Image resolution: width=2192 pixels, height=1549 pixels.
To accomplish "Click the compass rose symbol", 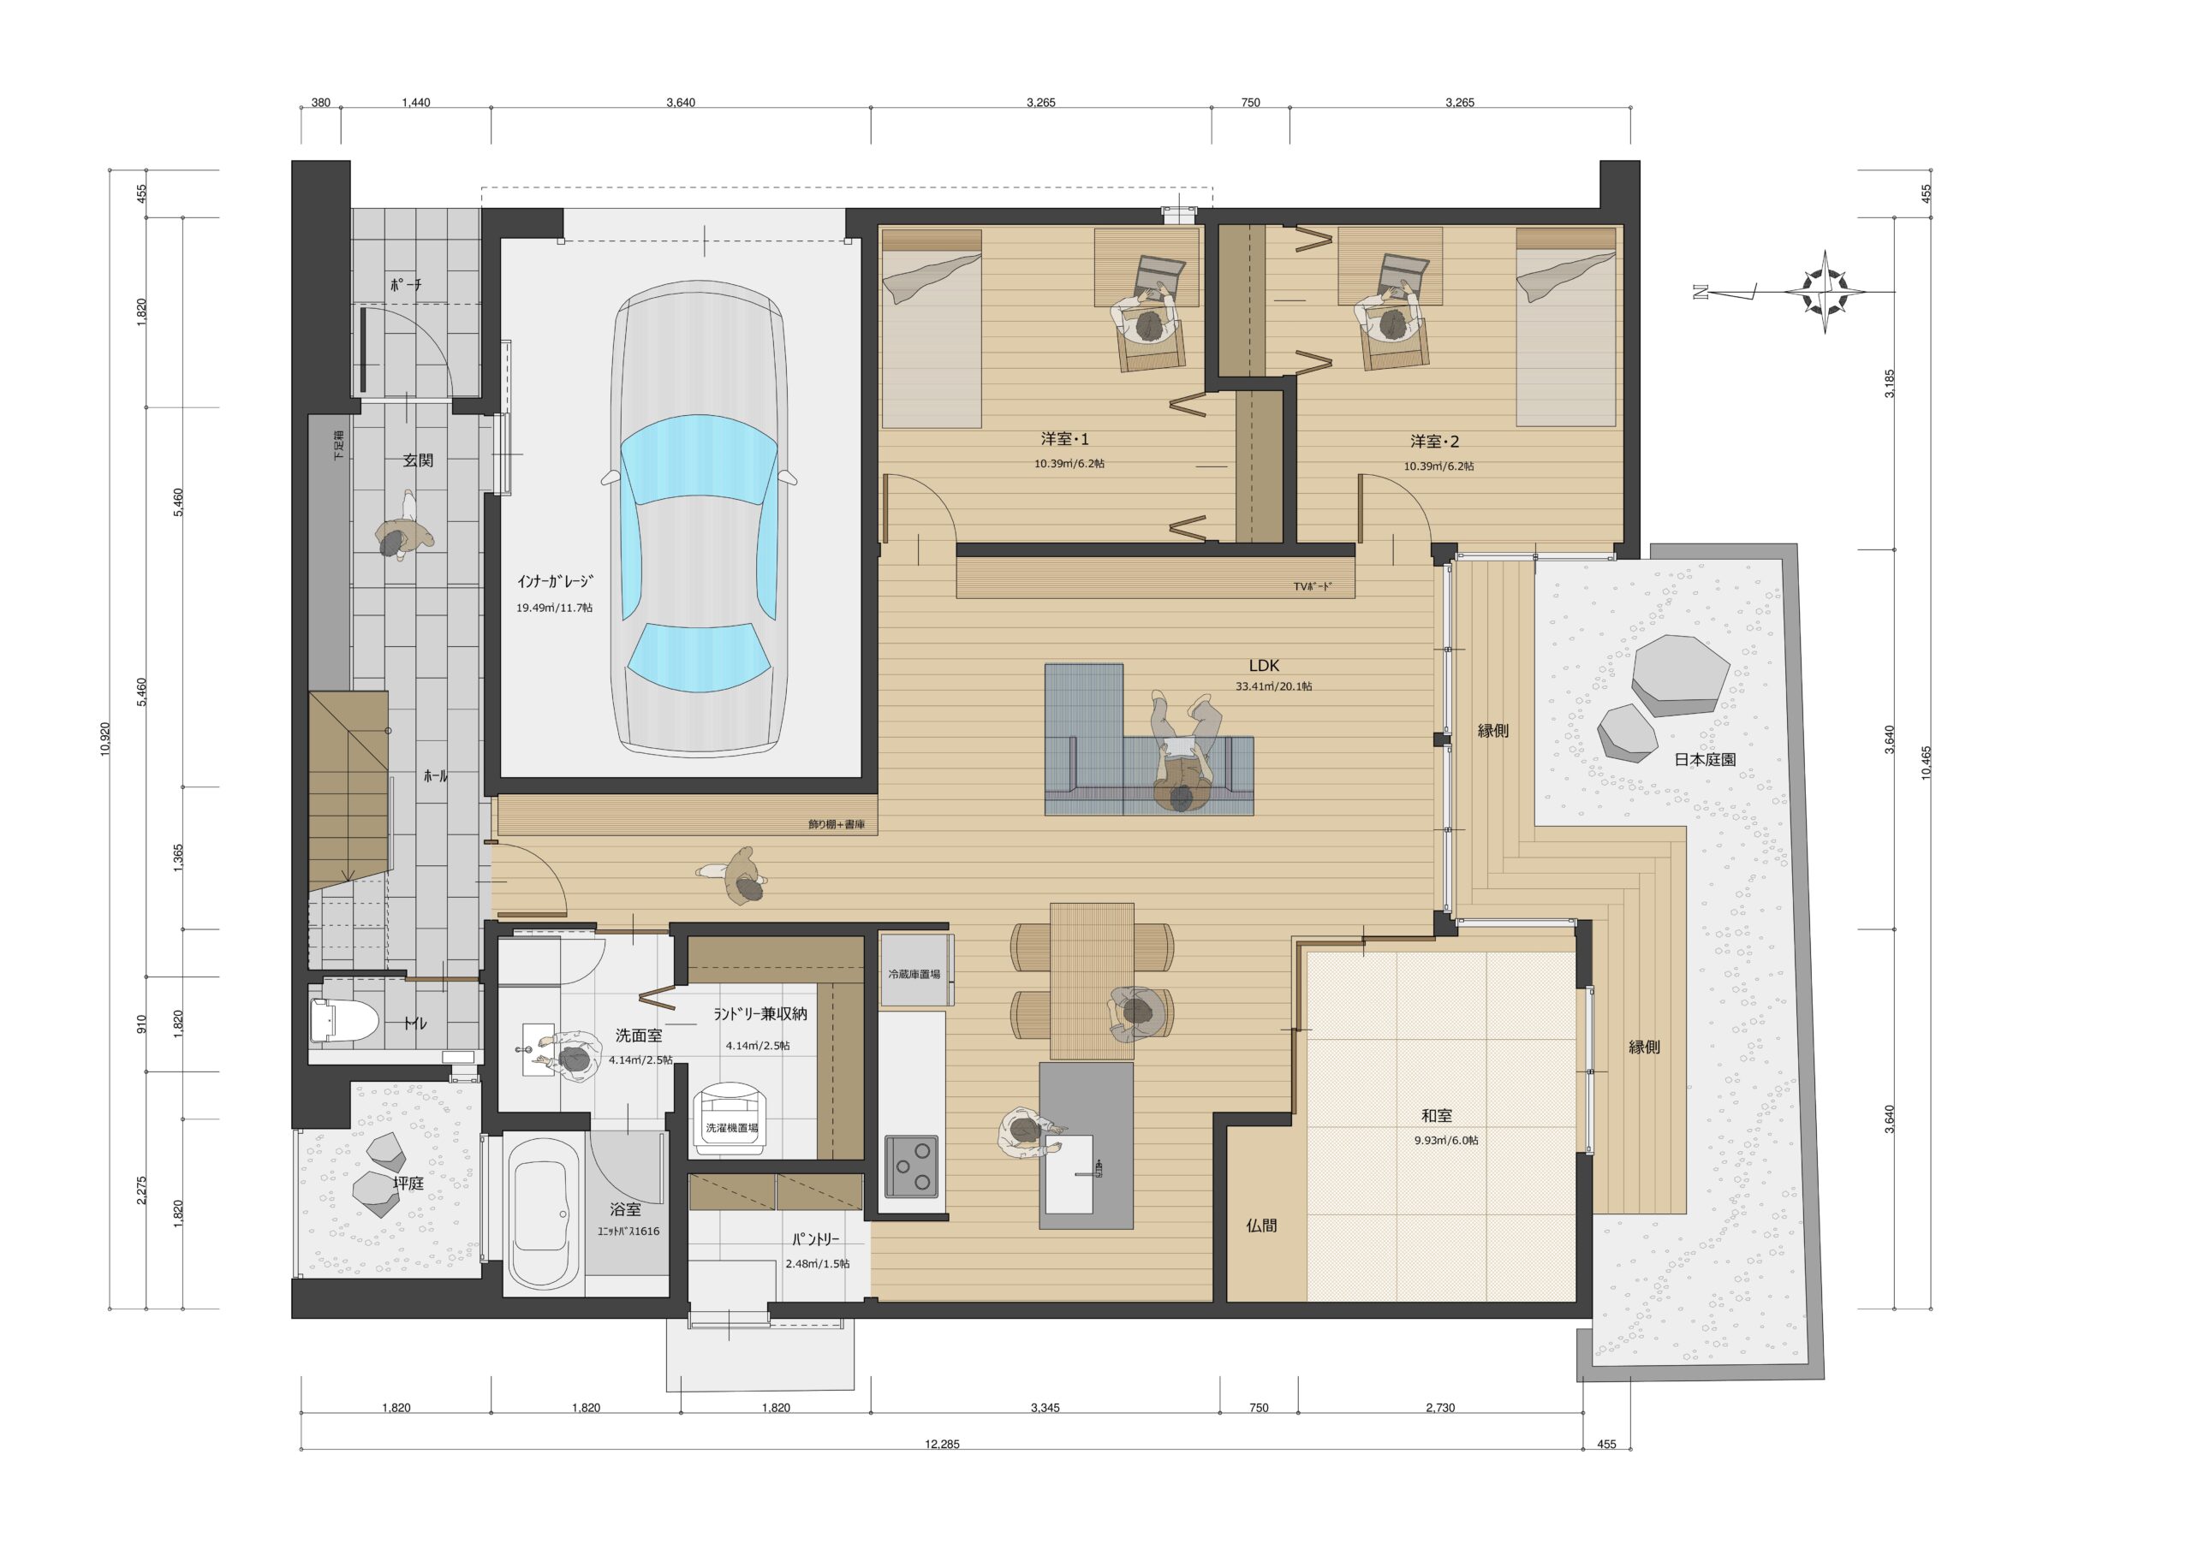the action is coord(1825,291).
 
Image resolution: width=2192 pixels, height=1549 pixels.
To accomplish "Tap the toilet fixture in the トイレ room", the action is coord(331,1019).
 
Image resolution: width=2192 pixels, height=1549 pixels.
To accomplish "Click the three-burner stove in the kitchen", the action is coord(910,1166).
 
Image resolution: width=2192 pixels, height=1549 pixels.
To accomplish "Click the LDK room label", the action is coord(1263,666).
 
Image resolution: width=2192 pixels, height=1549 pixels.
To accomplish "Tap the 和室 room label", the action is coord(1437,1116).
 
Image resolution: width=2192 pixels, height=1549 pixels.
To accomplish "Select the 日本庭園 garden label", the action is coord(1704,760).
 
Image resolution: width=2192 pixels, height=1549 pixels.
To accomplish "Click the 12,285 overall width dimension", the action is coord(941,1444).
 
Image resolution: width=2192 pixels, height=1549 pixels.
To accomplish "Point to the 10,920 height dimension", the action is coord(105,738).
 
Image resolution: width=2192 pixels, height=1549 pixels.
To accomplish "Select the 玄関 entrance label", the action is coord(418,460).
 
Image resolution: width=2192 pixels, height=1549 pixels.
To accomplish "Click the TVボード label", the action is coord(1312,587).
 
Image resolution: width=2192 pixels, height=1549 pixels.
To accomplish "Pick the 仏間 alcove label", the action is coord(1261,1225).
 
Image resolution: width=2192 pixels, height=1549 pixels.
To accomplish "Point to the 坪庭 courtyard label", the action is coord(408,1184).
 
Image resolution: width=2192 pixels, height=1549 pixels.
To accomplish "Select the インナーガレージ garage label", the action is coord(555,581).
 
